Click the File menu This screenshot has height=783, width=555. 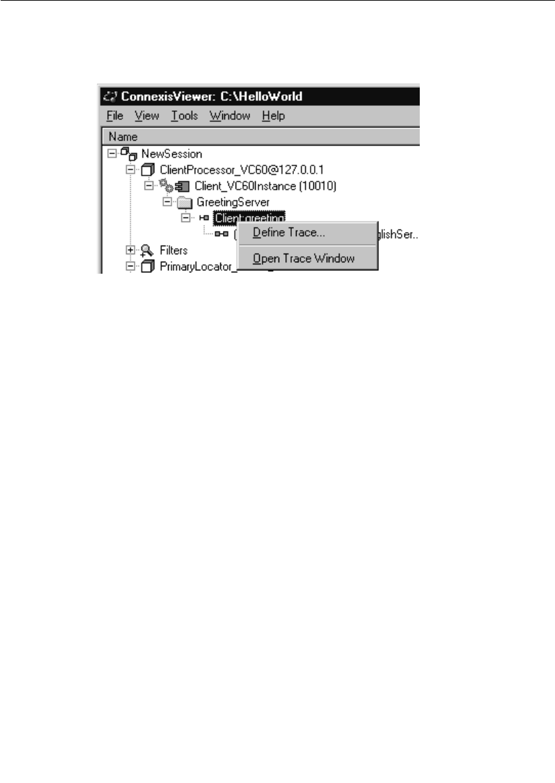click(115, 116)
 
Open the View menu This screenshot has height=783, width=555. click(147, 116)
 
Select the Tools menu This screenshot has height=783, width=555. click(184, 116)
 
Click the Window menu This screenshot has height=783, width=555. click(230, 116)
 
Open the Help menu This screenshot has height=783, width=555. click(273, 116)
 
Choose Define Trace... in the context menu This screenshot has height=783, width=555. click(289, 233)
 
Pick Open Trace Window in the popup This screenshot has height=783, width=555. click(303, 258)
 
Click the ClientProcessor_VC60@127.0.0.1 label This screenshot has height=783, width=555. click(224, 169)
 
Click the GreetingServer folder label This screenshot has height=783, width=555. click(233, 201)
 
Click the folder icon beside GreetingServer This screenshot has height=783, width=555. click(185, 201)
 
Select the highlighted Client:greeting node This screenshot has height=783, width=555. click(250, 217)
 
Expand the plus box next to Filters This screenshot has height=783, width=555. click(130, 250)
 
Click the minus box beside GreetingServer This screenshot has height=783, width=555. click(168, 201)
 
